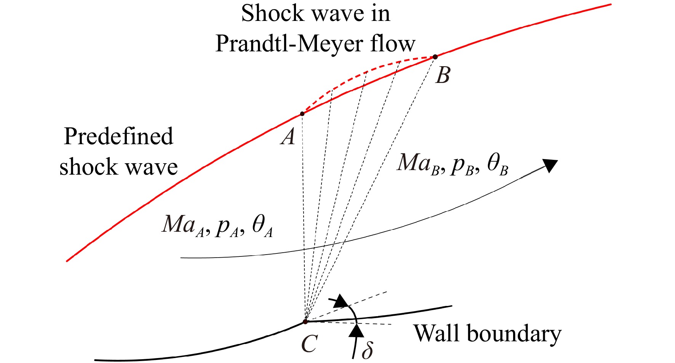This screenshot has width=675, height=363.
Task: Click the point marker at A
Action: (302, 114)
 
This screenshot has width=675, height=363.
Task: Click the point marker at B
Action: (435, 57)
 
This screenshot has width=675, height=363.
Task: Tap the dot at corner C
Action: (305, 322)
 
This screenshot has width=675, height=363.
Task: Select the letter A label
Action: (288, 136)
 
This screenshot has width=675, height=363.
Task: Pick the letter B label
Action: (443, 75)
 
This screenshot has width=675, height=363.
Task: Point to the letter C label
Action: (309, 344)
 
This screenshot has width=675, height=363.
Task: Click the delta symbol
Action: (367, 349)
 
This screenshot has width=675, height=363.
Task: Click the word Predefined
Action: (118, 136)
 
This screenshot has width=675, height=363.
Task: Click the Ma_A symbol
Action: (184, 225)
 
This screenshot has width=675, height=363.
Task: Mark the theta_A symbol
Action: (262, 226)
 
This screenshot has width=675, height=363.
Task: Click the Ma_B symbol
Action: (419, 163)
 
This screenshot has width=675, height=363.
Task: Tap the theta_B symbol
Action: (497, 164)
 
